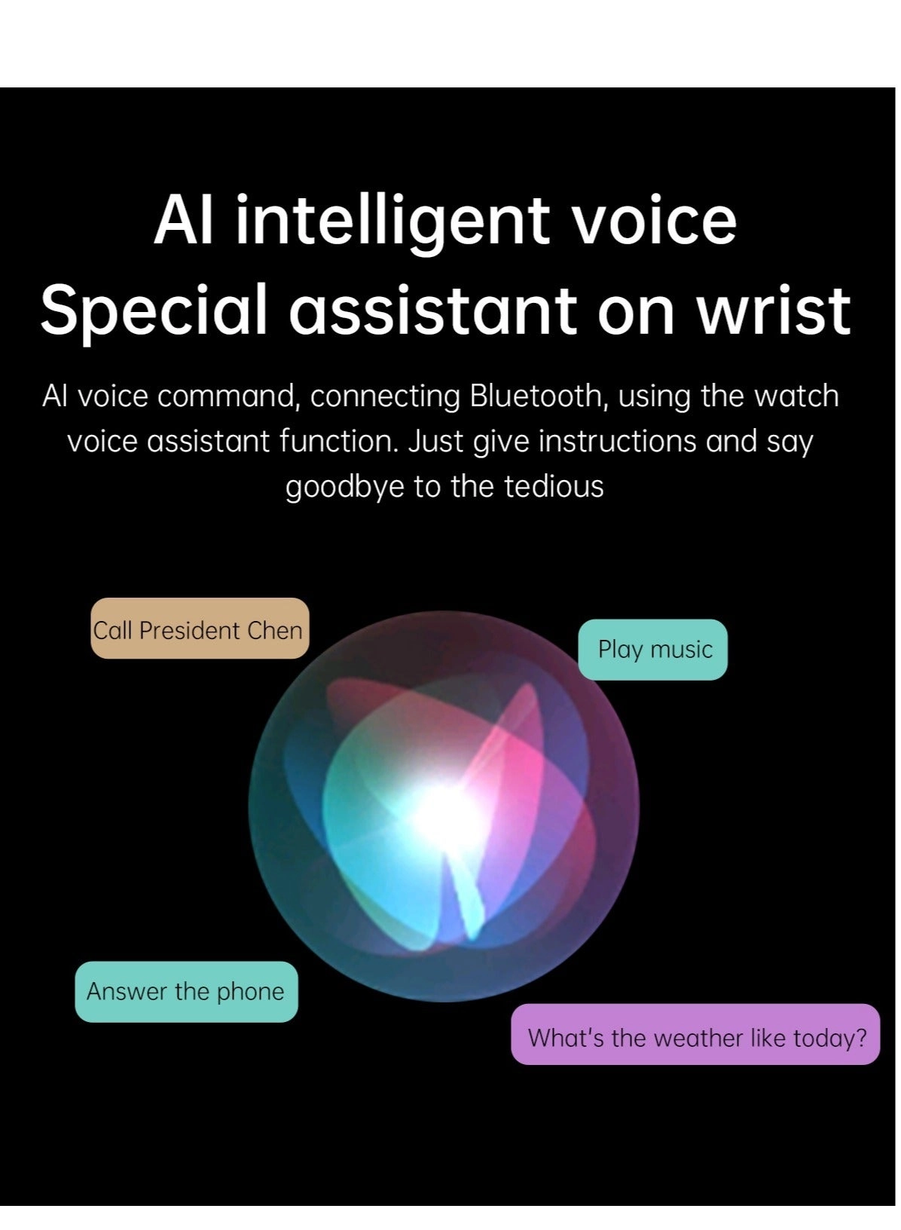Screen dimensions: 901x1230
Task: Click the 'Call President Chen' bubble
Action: coord(200,628)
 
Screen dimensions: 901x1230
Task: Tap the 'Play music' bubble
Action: coord(653,650)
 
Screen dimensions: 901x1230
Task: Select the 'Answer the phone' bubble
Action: coord(187,992)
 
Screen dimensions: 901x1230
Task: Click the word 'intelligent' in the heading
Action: coord(393,222)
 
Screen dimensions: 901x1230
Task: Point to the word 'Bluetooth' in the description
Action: coord(536,396)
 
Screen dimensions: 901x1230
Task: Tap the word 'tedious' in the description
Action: coord(554,486)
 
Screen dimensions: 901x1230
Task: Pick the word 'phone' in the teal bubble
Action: coord(251,993)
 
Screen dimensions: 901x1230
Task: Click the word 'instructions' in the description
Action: coord(617,441)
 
